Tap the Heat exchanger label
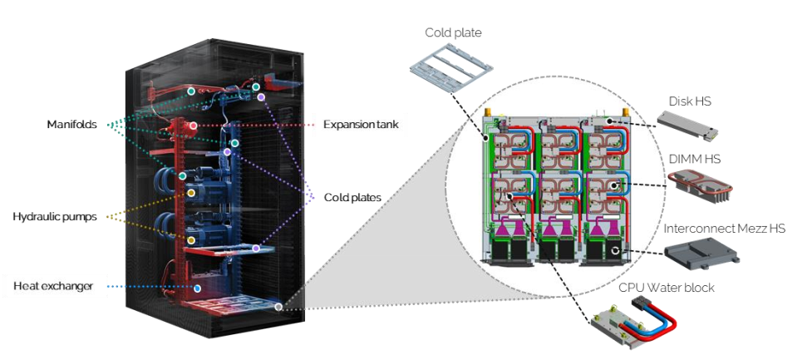(53, 287)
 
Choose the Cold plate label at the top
(453, 33)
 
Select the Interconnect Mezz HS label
(721, 227)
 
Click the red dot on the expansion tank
(193, 126)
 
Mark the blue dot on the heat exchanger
(197, 288)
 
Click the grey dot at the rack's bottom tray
(278, 307)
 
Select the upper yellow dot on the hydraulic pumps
(191, 193)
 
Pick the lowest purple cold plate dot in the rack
(256, 249)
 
